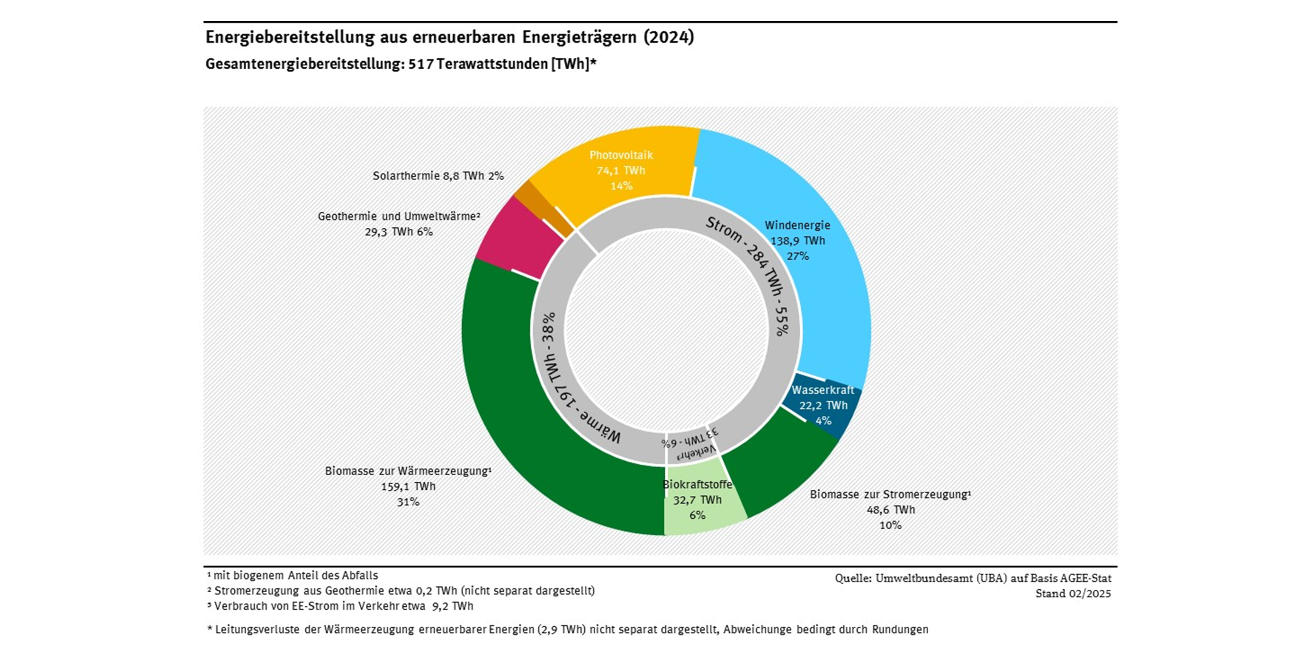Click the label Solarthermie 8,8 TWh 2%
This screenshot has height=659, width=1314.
[438, 176]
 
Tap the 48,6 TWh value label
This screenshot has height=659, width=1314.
[890, 509]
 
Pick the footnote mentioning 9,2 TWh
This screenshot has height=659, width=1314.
[341, 606]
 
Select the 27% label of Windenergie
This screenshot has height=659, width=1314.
[797, 256]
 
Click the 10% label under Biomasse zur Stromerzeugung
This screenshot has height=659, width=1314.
[890, 525]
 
